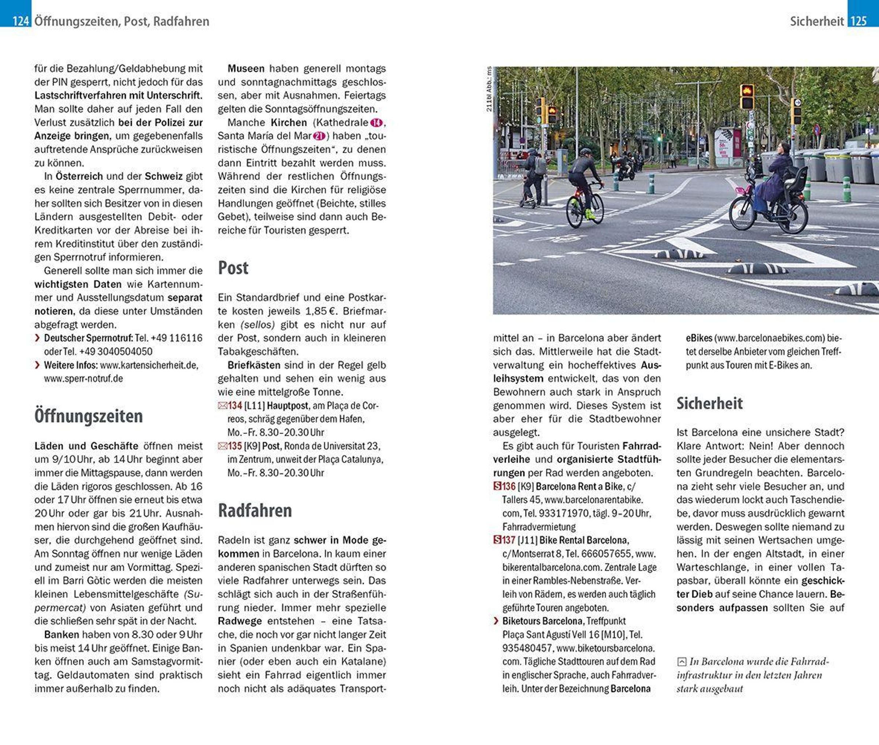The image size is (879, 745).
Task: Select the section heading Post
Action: (x=233, y=268)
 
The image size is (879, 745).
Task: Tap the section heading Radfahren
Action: (x=255, y=511)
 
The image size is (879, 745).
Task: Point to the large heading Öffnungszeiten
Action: (x=88, y=416)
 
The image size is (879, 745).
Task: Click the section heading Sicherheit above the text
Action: (x=709, y=403)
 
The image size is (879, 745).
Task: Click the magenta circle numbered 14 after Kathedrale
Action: (x=376, y=123)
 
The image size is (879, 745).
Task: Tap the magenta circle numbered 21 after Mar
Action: (x=319, y=136)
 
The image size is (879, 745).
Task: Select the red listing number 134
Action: (x=235, y=406)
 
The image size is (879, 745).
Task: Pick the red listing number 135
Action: (x=235, y=446)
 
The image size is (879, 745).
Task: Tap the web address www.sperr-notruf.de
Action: (x=83, y=378)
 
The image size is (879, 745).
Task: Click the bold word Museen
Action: (x=246, y=68)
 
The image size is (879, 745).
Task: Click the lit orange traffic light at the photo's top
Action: (x=746, y=92)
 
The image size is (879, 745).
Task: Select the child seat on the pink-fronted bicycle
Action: (x=798, y=177)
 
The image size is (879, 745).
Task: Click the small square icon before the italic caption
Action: (x=682, y=662)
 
